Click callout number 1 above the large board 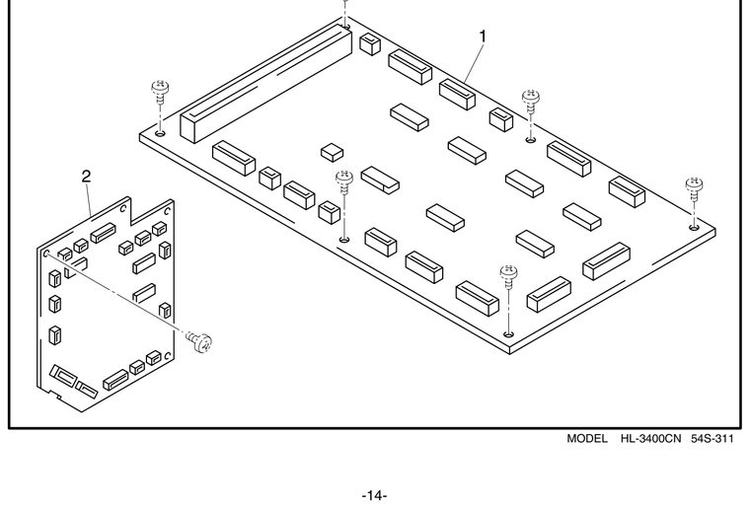click(483, 36)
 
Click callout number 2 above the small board click(86, 177)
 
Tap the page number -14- click(375, 495)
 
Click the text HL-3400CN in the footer click(650, 438)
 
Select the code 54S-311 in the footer click(712, 438)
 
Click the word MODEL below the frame click(587, 438)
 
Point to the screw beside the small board click(199, 341)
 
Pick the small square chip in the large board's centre click(332, 152)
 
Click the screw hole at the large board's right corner click(694, 227)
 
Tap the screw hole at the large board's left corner click(160, 133)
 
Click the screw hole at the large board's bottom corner click(509, 333)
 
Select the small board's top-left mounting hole click(47, 254)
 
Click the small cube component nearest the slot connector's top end click(369, 44)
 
